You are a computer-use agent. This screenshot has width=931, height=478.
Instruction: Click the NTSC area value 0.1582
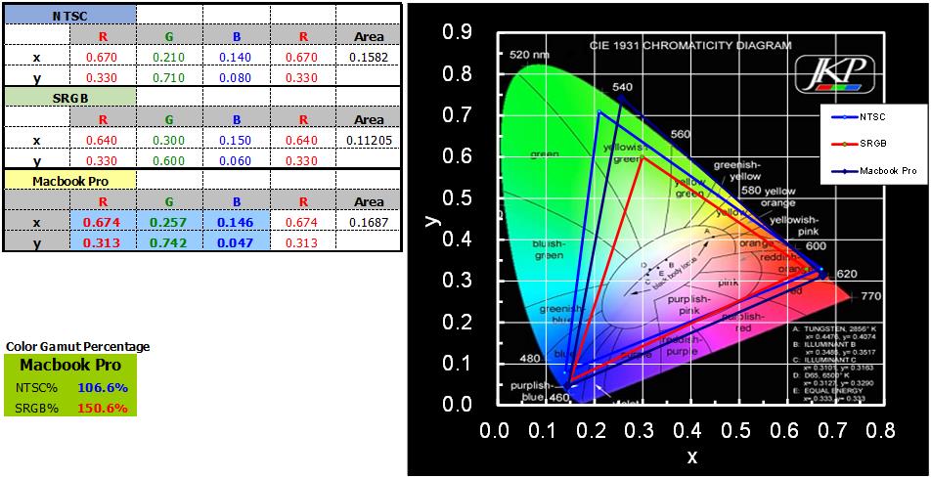point(368,58)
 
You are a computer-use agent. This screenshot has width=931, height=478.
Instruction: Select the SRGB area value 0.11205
point(368,141)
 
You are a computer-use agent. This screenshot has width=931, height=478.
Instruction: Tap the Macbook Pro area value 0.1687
point(368,223)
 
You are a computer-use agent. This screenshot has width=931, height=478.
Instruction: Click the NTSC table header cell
point(69,16)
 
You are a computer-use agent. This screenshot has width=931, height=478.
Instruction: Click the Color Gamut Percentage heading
point(78,347)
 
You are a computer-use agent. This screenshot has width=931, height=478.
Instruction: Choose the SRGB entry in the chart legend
point(872,143)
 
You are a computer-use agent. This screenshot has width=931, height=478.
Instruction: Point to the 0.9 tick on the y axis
point(457,32)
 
